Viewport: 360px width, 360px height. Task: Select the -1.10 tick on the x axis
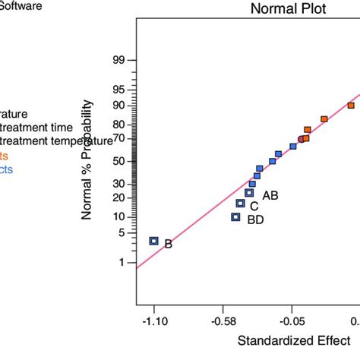pos(154,320)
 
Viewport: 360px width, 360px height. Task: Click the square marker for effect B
pos(153,241)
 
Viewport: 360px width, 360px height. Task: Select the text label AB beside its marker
pos(270,195)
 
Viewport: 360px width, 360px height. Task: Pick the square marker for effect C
pos(240,203)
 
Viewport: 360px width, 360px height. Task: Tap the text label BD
pos(256,219)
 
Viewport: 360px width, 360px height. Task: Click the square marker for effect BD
pos(235,216)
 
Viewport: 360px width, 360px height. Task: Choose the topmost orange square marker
pos(351,106)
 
